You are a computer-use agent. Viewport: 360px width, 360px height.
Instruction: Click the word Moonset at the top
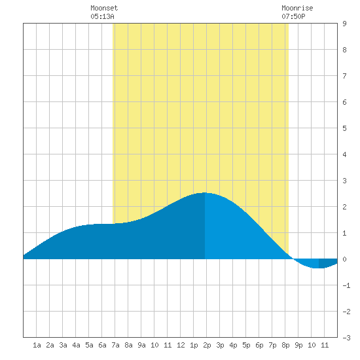tap(104, 8)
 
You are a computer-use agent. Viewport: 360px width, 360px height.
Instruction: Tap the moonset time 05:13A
tap(102, 16)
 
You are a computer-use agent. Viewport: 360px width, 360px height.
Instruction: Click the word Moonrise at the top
tap(297, 8)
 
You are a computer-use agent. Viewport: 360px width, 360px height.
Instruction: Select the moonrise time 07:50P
tap(293, 16)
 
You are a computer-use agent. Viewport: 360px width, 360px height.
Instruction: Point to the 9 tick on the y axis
tap(344, 24)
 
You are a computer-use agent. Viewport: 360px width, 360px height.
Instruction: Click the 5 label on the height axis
tap(344, 128)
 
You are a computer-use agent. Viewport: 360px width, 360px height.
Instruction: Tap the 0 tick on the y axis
tap(344, 259)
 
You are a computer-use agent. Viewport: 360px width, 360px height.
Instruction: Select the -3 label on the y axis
tap(346, 338)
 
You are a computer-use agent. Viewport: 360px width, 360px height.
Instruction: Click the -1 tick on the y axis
tap(346, 285)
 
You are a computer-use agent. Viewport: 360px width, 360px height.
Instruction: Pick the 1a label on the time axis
tap(37, 345)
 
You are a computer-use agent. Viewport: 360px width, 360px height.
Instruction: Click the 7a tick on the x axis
tap(115, 345)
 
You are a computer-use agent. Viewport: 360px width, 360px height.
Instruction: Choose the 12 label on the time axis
tap(181, 345)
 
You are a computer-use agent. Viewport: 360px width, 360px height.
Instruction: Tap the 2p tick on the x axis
tap(207, 345)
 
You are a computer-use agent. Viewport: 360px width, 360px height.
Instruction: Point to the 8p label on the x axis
tap(285, 345)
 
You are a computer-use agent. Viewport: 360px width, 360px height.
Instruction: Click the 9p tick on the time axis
tap(298, 345)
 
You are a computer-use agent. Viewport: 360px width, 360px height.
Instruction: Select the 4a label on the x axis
tap(76, 345)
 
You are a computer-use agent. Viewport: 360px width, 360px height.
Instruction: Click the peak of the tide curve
tap(205, 193)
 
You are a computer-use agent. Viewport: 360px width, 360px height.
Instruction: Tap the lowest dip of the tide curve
tap(319, 268)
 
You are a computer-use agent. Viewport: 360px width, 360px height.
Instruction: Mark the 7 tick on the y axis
tap(344, 76)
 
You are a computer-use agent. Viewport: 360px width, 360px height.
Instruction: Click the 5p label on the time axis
tap(246, 345)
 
